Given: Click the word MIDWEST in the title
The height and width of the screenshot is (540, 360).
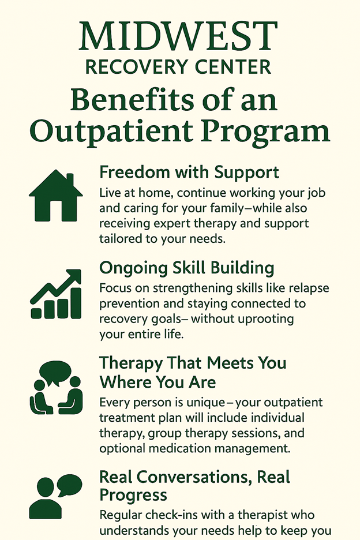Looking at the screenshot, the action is tap(178, 36).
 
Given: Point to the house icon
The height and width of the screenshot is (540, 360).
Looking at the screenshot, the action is tap(56, 195).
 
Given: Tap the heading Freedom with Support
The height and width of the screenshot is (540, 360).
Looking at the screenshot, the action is tap(189, 172).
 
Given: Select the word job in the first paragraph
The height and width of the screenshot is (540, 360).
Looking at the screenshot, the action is tap(317, 193).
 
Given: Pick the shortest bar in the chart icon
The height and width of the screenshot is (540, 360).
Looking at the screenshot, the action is tap(36, 313).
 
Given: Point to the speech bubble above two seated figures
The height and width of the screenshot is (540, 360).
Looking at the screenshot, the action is tap(55, 373).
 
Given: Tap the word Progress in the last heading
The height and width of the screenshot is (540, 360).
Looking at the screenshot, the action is tap(133, 495).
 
